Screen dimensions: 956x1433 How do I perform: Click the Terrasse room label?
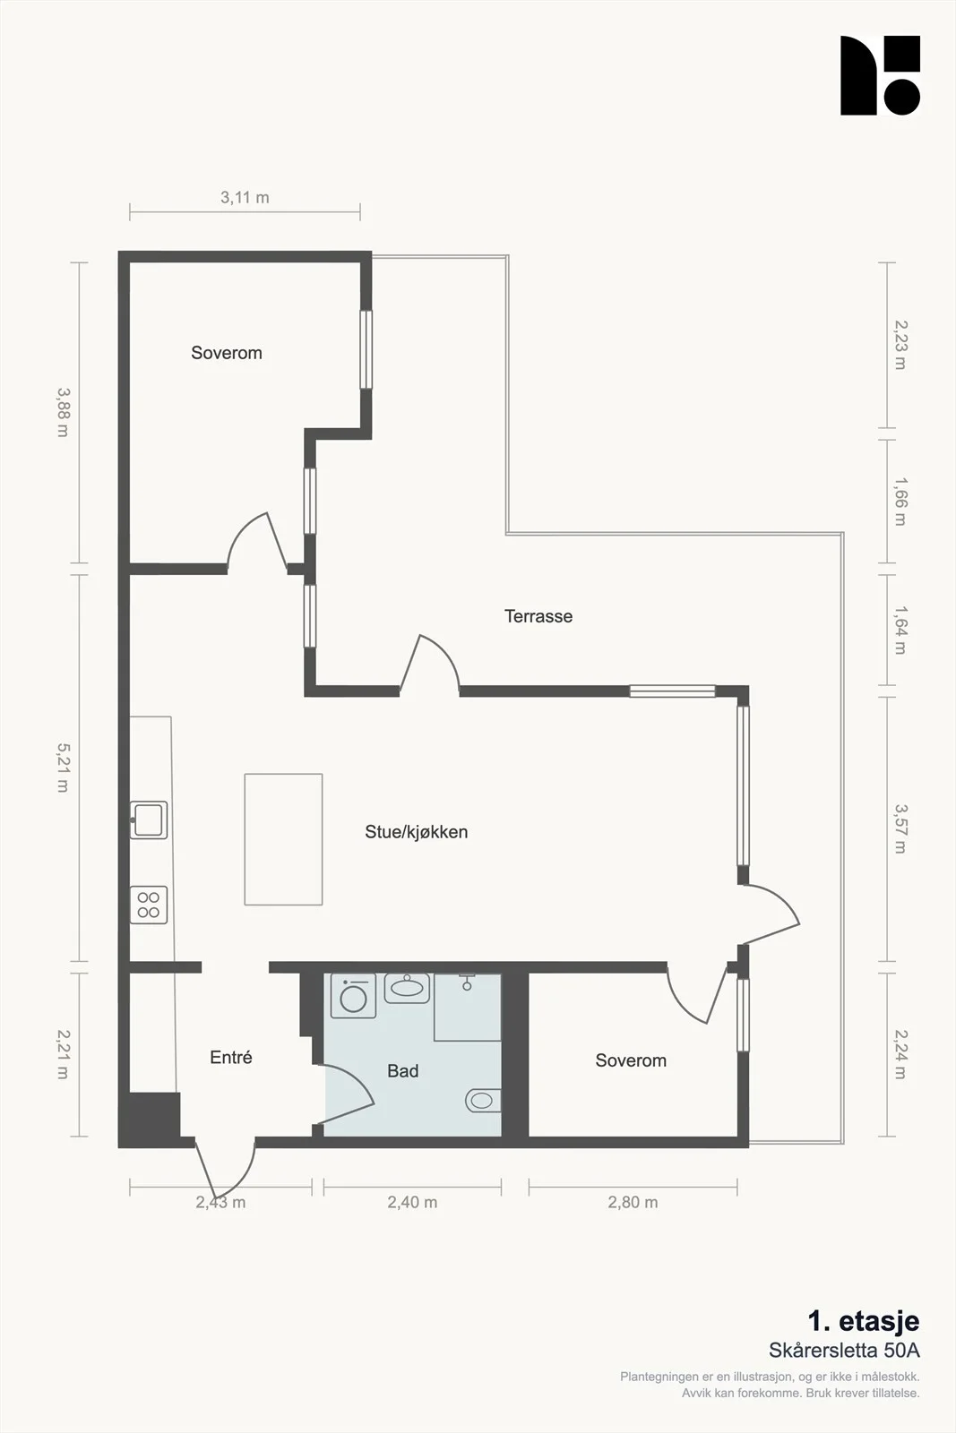(x=538, y=616)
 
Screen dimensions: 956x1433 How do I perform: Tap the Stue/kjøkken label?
(x=416, y=832)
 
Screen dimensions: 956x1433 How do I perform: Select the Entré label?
(x=231, y=1057)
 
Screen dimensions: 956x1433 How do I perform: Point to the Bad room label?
(x=402, y=1071)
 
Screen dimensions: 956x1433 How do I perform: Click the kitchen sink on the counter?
(x=149, y=820)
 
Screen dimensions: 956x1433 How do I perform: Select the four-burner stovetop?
(x=149, y=905)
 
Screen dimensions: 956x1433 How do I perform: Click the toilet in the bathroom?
(x=483, y=1101)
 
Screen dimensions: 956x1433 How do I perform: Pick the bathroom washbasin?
(x=407, y=988)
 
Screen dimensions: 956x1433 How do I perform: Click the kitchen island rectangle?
(x=283, y=839)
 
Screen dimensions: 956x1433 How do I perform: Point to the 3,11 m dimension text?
(x=245, y=197)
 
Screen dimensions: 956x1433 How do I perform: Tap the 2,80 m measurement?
(x=633, y=1202)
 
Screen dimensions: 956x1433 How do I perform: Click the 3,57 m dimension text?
(x=900, y=829)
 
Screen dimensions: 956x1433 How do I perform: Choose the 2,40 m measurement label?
(x=412, y=1202)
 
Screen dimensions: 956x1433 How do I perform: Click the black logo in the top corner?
(x=881, y=75)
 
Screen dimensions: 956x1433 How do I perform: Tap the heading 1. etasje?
(x=863, y=1320)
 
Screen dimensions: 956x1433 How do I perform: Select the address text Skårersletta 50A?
(x=844, y=1351)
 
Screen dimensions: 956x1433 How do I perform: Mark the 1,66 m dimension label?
(x=900, y=501)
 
